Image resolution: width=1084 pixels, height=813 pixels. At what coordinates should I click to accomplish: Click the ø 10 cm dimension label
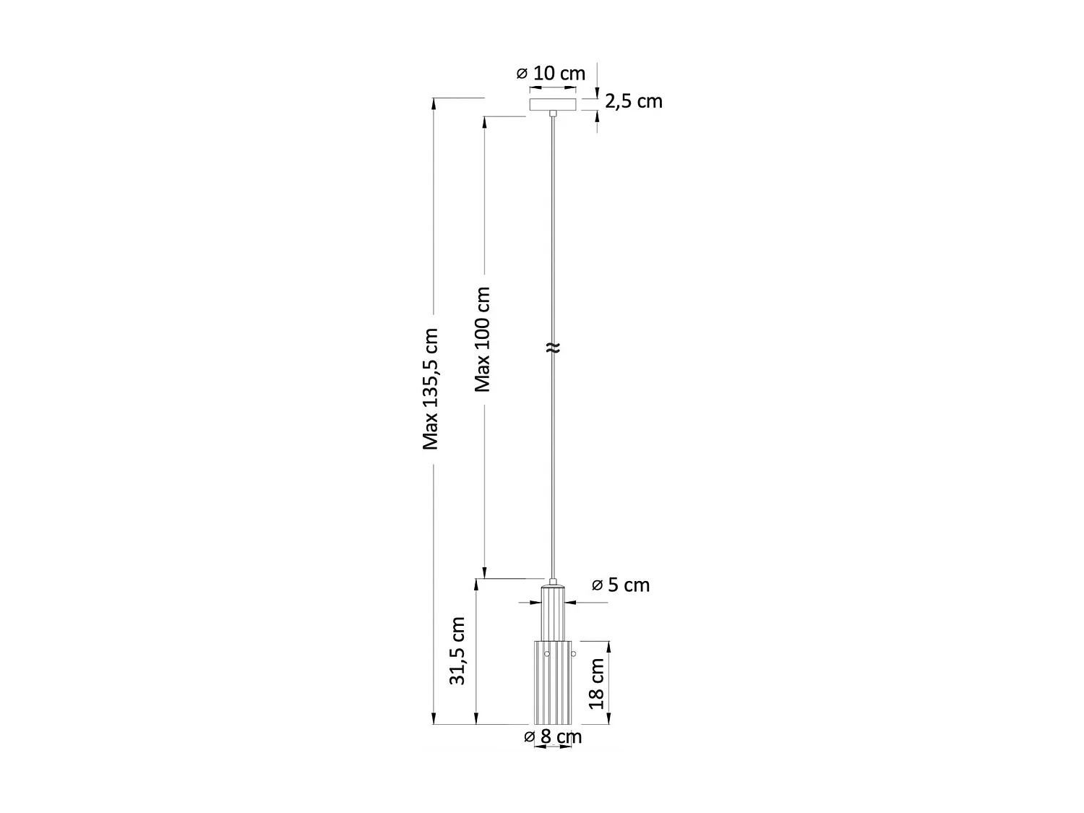[550, 74]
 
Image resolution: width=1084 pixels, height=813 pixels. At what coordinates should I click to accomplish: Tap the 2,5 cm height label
[633, 101]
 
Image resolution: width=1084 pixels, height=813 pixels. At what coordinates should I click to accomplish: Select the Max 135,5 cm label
[431, 389]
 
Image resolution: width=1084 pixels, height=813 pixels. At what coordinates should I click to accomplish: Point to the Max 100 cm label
[483, 340]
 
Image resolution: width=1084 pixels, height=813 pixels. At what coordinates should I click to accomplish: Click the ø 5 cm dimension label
[620, 585]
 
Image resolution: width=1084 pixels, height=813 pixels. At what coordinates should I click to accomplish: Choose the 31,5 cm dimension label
[457, 650]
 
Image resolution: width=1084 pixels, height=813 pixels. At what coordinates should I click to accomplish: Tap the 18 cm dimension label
[597, 684]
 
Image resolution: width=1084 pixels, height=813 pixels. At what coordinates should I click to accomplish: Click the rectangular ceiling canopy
[553, 104]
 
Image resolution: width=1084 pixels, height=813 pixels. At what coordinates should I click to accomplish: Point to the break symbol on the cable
[553, 348]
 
